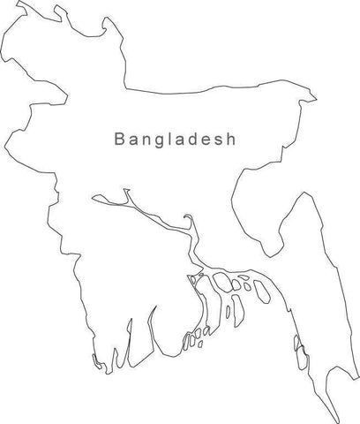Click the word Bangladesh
pyautogui.click(x=176, y=140)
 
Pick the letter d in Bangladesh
pyautogui.click(x=197, y=140)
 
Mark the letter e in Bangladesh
pyautogui.click(x=210, y=140)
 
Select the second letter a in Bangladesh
pyautogui.click(x=183, y=140)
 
